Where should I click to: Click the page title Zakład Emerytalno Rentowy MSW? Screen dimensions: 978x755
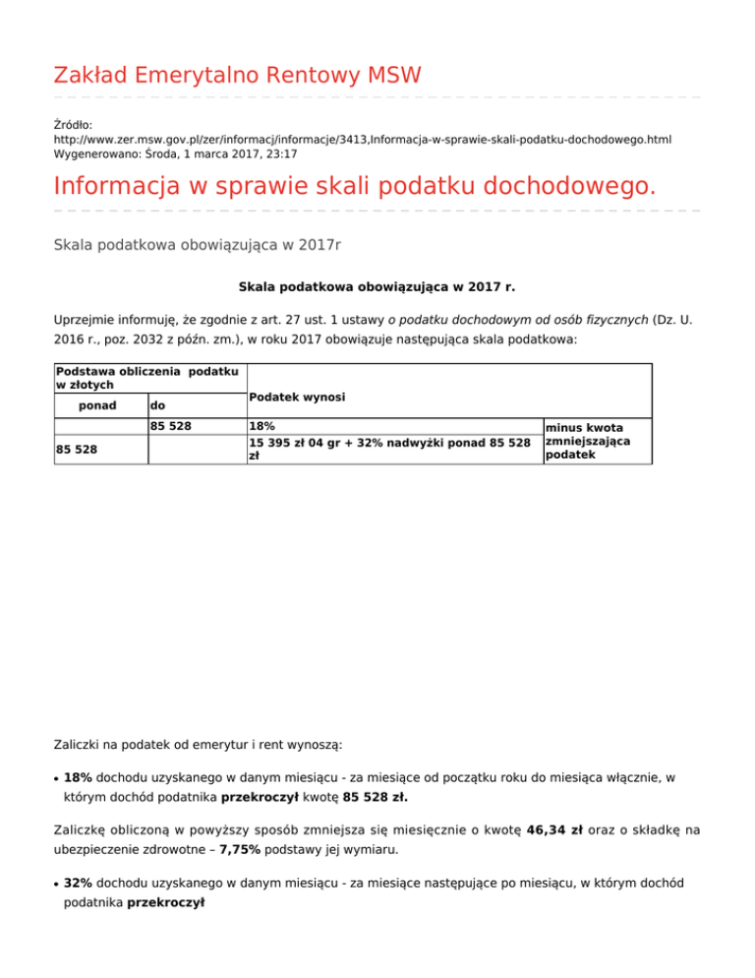point(238,74)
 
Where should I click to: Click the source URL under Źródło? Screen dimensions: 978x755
point(362,140)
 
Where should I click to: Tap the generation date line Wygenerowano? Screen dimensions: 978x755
point(175,154)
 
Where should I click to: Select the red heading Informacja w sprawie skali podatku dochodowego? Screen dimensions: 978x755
point(355,185)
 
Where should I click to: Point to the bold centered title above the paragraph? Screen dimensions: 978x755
point(377,286)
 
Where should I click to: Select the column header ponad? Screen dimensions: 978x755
point(97,405)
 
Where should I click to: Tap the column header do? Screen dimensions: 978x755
point(157,405)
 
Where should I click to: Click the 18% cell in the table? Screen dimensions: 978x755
point(262,427)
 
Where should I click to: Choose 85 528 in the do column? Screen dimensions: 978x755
point(170,427)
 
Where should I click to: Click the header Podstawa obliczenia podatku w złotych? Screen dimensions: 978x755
point(146,376)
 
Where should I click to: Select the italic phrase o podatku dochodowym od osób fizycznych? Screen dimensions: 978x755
point(517,319)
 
